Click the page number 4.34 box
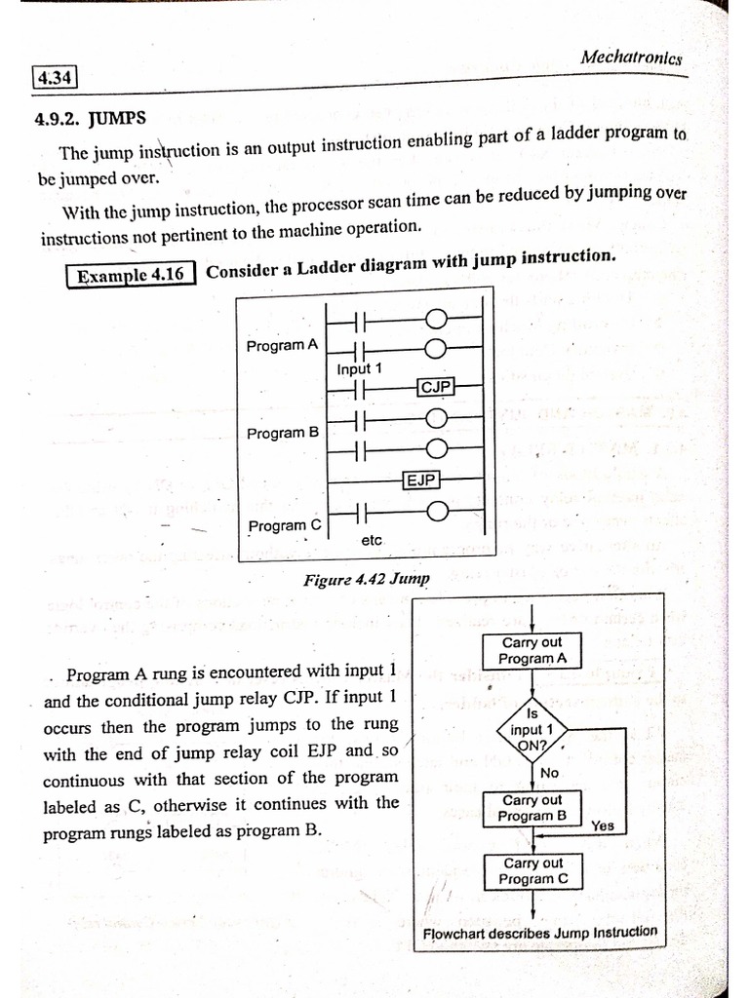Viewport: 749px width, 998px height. (x=55, y=77)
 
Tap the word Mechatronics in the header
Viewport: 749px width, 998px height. (x=631, y=58)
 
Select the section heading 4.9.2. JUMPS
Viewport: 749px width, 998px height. (x=90, y=119)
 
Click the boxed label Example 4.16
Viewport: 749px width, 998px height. (x=132, y=275)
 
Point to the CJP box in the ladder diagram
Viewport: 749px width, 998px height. (x=435, y=388)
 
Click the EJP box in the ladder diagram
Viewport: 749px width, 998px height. (x=421, y=480)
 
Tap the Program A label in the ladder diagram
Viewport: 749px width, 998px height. (x=282, y=345)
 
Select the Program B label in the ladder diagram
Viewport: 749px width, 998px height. (x=283, y=433)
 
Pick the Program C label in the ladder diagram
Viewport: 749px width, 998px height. (x=284, y=526)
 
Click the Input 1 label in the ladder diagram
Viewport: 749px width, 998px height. (x=360, y=369)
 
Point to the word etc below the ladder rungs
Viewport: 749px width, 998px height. (x=373, y=539)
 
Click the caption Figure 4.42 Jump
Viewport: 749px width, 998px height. (x=366, y=580)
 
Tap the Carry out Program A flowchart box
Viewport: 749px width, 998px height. (x=532, y=650)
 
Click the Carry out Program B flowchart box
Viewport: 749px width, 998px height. (x=532, y=808)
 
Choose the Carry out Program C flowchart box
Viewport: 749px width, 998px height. (x=533, y=870)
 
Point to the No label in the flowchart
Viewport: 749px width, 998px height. (x=550, y=773)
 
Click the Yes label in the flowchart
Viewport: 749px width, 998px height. (x=603, y=825)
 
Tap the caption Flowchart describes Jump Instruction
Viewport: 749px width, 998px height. (x=539, y=932)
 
